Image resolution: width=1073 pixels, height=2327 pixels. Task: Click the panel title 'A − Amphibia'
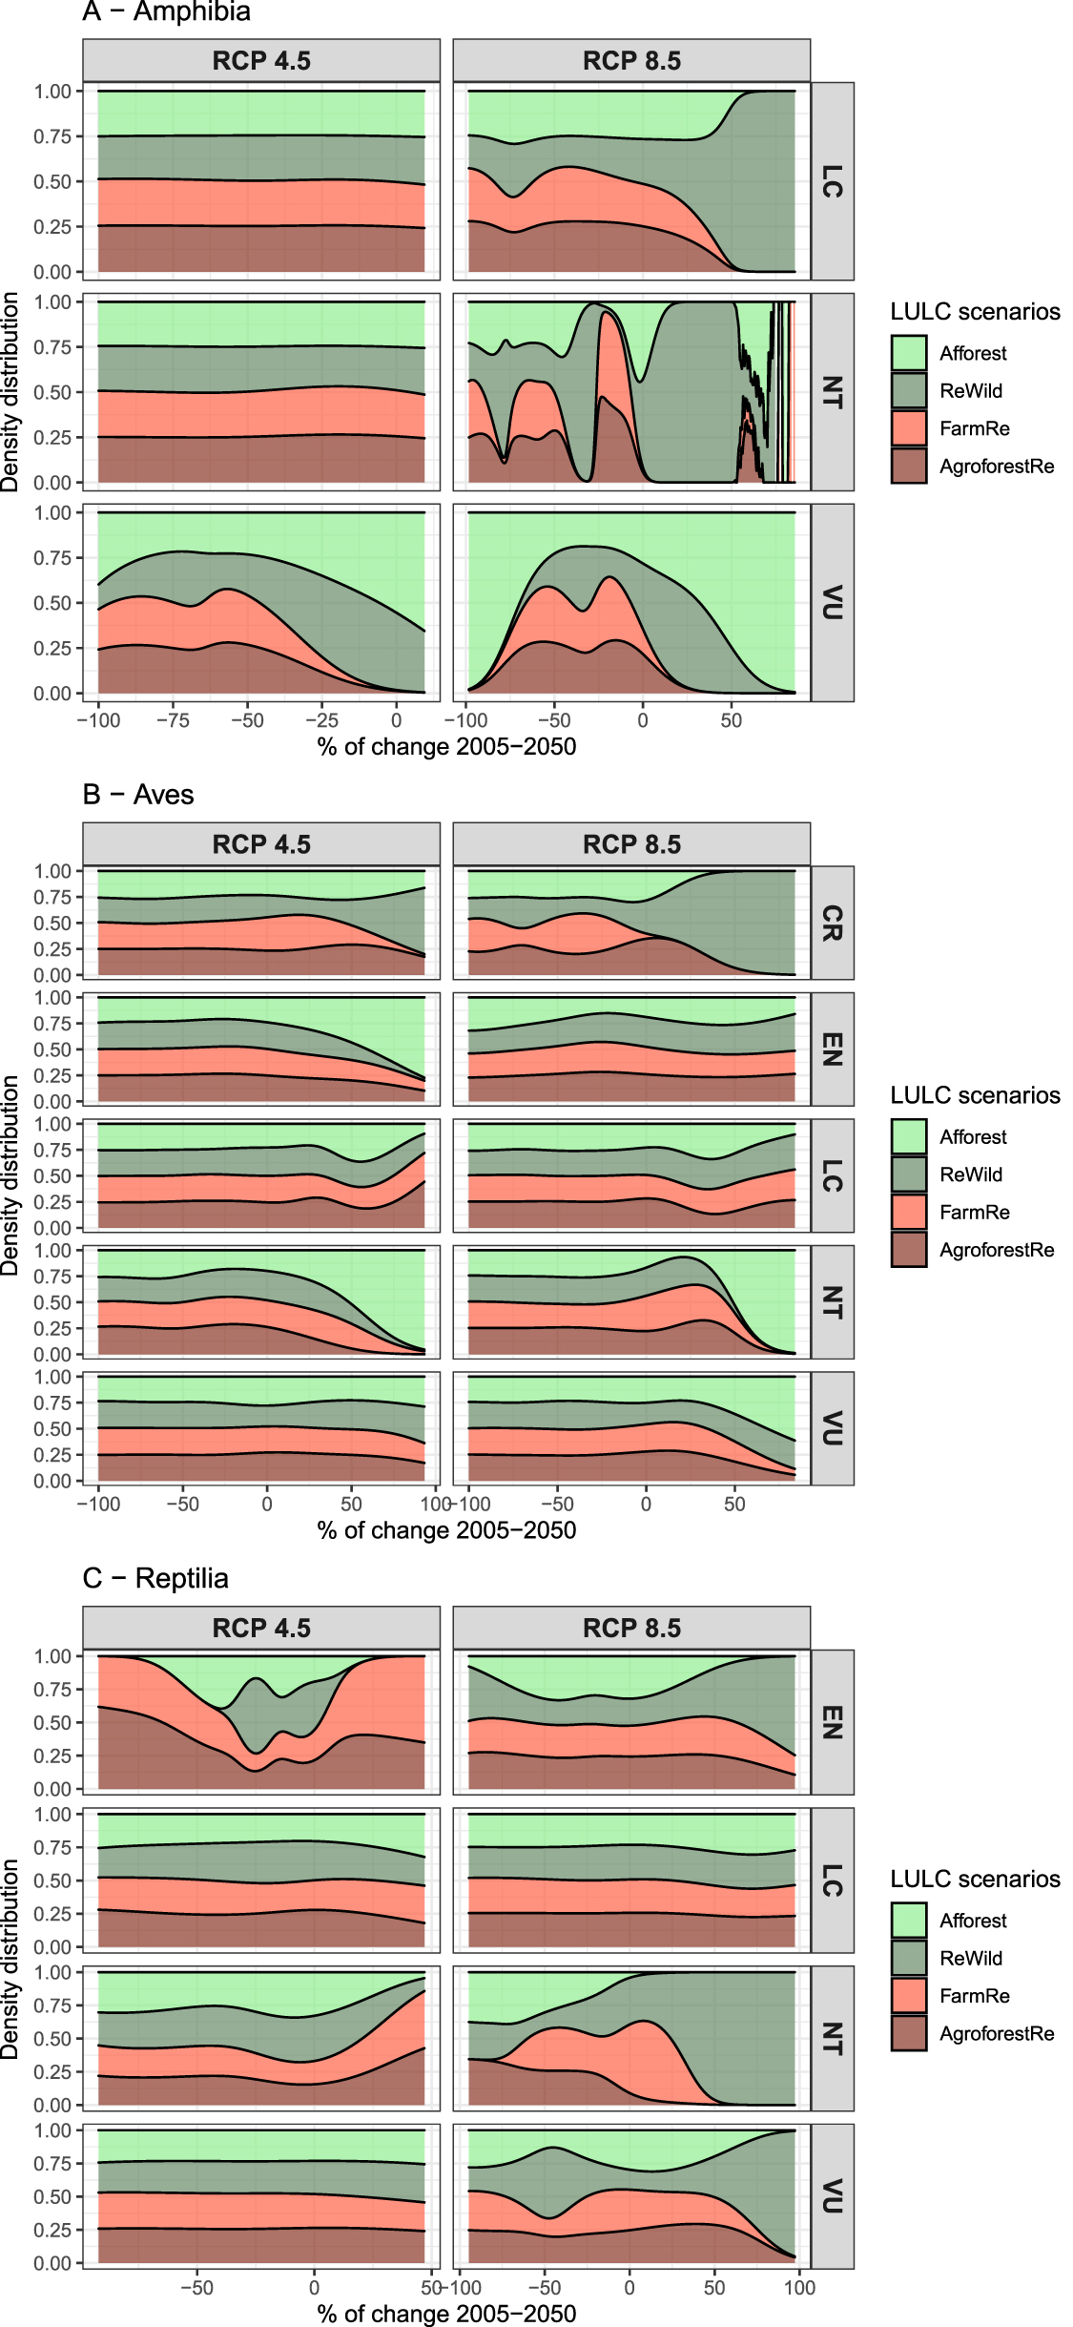click(x=166, y=11)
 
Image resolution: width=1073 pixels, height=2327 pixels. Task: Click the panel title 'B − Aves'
click(x=137, y=795)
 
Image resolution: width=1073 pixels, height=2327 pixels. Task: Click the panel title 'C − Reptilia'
click(x=155, y=1578)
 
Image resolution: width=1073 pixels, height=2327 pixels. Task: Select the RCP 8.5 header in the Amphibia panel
click(x=631, y=61)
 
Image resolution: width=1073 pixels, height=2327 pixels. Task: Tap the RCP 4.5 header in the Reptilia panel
click(x=261, y=1628)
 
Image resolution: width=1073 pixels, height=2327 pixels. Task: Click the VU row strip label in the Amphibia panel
click(x=832, y=603)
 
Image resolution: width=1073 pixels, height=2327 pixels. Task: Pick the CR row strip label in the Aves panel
click(x=832, y=923)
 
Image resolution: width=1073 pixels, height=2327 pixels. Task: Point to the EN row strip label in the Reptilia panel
click(x=832, y=1722)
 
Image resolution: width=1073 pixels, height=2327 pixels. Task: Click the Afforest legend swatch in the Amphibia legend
click(x=909, y=353)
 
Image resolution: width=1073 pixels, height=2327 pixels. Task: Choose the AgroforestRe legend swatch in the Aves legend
click(x=909, y=1250)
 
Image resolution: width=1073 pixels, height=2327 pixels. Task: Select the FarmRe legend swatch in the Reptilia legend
click(x=909, y=1996)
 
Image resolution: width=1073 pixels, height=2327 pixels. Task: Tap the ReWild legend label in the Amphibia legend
click(x=970, y=391)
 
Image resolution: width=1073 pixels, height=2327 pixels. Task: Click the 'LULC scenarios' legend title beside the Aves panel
click(x=975, y=1095)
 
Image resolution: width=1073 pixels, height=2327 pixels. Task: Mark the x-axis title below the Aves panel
click(x=446, y=1530)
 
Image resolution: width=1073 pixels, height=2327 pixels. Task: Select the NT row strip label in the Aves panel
click(x=832, y=1302)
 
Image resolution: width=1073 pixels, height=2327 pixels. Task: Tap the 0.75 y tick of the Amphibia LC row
click(x=52, y=136)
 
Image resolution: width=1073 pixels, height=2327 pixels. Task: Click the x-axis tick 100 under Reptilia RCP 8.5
click(x=799, y=2288)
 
